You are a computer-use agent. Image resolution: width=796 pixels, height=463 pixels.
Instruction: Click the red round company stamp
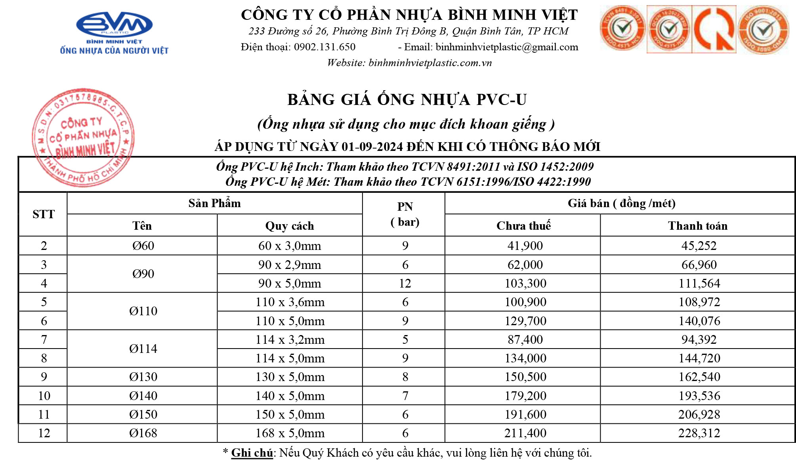83,137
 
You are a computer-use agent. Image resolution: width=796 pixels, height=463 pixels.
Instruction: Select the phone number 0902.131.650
325,47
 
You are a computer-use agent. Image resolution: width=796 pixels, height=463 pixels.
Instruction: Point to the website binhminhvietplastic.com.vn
430,63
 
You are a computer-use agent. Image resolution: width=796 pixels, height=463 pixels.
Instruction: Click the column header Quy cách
290,226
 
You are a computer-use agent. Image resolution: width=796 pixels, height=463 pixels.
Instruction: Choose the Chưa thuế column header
523,226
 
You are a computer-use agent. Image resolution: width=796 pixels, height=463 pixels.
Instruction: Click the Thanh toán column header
698,226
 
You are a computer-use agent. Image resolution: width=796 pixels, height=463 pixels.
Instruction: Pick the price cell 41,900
525,246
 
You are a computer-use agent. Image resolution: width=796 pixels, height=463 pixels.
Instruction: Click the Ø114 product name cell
143,349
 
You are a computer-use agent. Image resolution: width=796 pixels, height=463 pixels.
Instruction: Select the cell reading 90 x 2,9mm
290,265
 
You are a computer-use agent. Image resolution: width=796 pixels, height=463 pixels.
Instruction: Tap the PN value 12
405,284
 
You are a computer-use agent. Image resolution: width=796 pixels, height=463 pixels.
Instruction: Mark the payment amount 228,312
699,433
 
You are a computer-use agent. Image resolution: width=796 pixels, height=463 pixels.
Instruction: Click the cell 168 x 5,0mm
290,433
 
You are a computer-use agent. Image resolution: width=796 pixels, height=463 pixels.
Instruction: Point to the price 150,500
525,377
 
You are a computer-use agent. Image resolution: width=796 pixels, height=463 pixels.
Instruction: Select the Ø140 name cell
143,396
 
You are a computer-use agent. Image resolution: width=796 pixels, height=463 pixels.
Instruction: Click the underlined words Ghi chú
252,453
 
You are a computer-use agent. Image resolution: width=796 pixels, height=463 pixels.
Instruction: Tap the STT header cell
43,214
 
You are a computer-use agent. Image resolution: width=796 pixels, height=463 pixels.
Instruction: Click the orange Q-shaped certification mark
714,30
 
